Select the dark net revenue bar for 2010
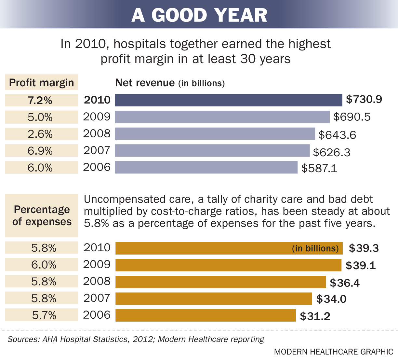[229, 100]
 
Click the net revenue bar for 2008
[215, 134]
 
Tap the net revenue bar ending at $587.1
[206, 167]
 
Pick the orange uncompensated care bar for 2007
[214, 298]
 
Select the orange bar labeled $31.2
[206, 315]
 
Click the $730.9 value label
[364, 99]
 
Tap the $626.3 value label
[332, 152]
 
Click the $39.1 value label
[361, 265]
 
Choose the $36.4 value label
[345, 283]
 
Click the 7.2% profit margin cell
[41, 100]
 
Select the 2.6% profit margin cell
[41, 134]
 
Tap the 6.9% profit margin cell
[41, 151]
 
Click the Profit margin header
[41, 83]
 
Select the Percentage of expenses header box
[42, 215]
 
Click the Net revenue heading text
[145, 83]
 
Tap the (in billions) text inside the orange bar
[315, 248]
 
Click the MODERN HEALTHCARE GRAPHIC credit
[333, 352]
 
